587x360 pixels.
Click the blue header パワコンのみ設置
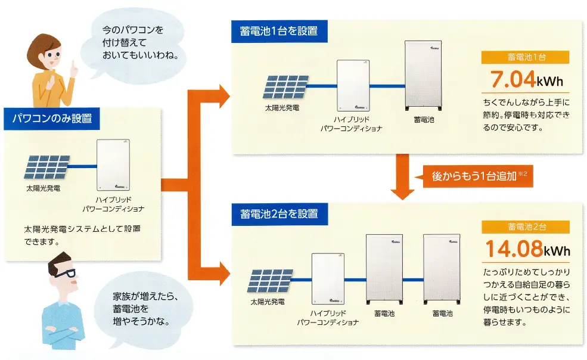[52, 118]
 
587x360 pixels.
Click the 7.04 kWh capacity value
[525, 80]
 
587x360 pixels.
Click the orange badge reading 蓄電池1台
[525, 58]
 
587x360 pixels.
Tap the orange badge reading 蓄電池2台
[525, 227]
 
